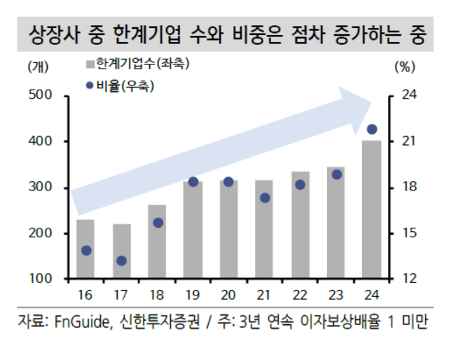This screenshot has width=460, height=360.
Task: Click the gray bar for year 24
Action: click(x=372, y=210)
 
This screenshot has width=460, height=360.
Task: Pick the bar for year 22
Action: click(x=300, y=224)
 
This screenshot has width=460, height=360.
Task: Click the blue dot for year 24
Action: click(x=372, y=129)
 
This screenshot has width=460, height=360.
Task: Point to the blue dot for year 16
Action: click(x=87, y=250)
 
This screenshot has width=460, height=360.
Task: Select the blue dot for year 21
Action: click(x=265, y=198)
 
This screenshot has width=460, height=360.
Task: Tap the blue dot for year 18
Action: click(x=158, y=223)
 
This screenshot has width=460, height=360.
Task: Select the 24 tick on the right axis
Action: click(x=410, y=95)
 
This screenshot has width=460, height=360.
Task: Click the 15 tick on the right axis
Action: click(x=410, y=233)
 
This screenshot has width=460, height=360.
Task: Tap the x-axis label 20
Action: click(x=228, y=293)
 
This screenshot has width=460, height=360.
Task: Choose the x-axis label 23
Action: click(x=336, y=293)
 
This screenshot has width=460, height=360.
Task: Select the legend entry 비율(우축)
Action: click(x=125, y=86)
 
